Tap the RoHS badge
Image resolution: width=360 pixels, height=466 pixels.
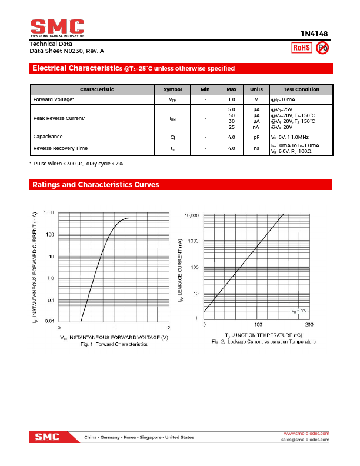(x=301, y=48)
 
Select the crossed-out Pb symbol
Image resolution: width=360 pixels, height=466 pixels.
(x=321, y=48)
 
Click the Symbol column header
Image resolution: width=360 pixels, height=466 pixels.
(x=172, y=89)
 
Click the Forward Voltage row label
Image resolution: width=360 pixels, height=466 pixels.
(x=54, y=99)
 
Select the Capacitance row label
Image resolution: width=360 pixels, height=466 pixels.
(x=48, y=137)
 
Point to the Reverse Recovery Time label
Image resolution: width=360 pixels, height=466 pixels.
(x=61, y=148)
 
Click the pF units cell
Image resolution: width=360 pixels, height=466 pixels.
(x=256, y=137)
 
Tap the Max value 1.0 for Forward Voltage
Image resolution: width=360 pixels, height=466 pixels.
(x=232, y=99)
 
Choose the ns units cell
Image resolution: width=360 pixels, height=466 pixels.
(x=256, y=148)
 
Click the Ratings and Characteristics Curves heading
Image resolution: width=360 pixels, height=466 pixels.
(x=95, y=185)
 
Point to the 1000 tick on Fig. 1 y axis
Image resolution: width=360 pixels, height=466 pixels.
(x=48, y=212)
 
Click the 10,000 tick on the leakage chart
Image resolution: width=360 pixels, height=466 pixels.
(x=192, y=216)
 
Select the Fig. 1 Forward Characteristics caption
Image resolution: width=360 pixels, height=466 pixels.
(x=114, y=344)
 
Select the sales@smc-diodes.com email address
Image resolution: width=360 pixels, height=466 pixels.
(x=305, y=440)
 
